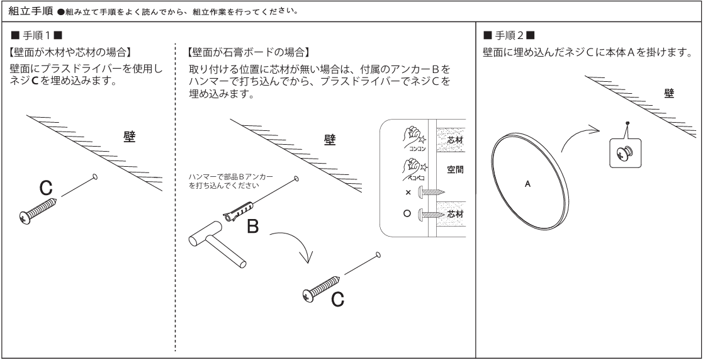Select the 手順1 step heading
[x=37, y=35]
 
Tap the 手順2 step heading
[x=509, y=35]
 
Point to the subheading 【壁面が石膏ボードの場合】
[x=249, y=52]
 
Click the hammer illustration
[x=217, y=249]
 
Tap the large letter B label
[x=252, y=227]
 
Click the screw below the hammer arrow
[x=321, y=288]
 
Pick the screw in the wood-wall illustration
[x=38, y=210]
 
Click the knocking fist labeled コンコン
[x=414, y=136]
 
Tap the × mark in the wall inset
[x=408, y=193]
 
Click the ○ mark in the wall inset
[x=407, y=213]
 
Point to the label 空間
[x=455, y=169]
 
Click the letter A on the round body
[x=527, y=184]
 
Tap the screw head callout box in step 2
[x=626, y=154]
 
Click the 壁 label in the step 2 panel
[x=669, y=93]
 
